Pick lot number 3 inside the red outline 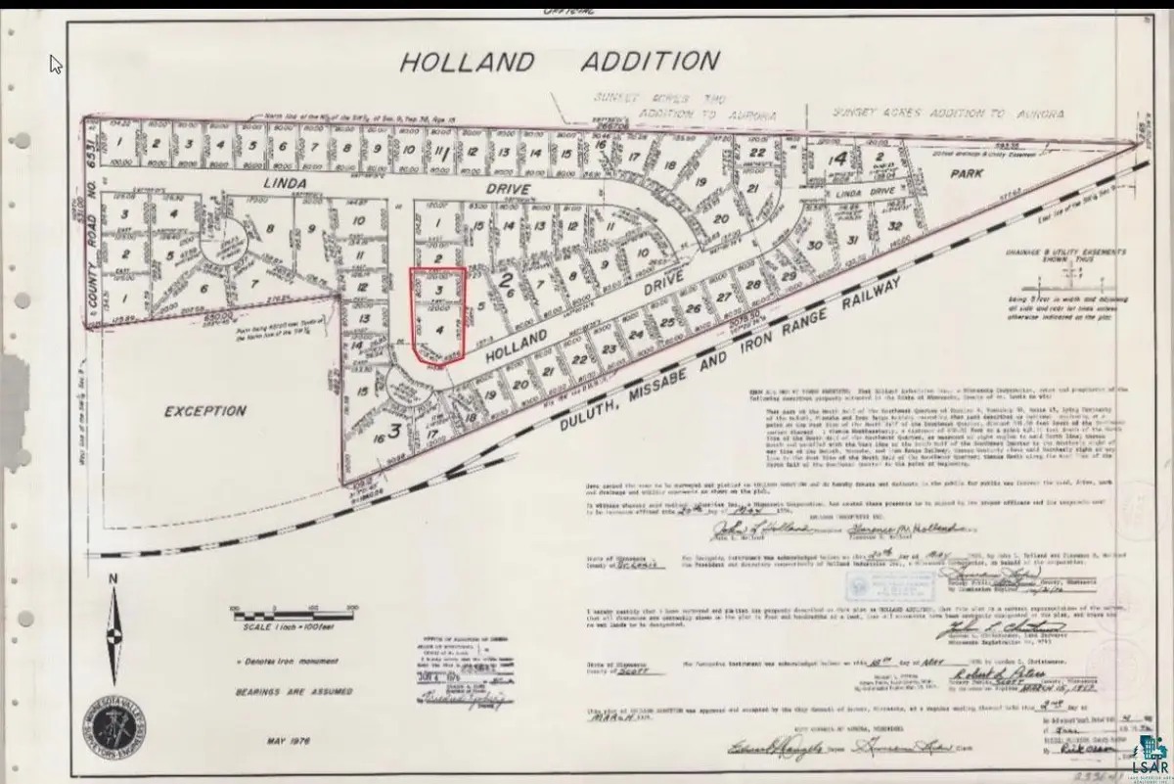click(439, 291)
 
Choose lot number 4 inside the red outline click(439, 330)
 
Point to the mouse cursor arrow click(56, 64)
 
